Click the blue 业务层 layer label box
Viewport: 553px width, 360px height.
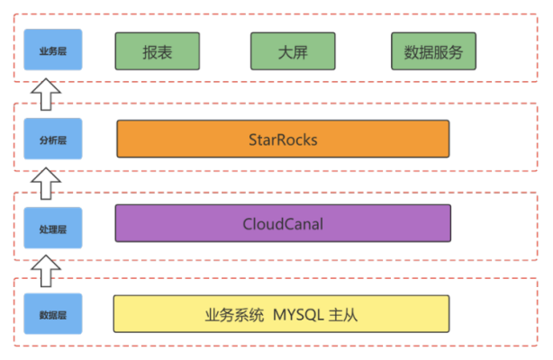[x=53, y=51]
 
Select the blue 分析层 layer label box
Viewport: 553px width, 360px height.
[x=53, y=139]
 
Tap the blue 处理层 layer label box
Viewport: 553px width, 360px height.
[x=53, y=228]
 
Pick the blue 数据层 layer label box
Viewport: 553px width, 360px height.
[x=53, y=314]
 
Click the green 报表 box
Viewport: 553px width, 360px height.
[x=157, y=52]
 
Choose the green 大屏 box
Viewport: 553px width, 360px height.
[x=293, y=52]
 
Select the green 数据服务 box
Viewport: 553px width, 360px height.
[x=433, y=52]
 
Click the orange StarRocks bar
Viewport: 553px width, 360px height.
[x=283, y=139]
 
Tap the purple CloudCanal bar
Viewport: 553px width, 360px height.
[x=283, y=223]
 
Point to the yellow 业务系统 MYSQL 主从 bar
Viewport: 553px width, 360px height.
[x=281, y=314]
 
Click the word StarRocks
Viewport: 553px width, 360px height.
[x=283, y=139]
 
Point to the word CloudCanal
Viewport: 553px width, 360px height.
[x=283, y=223]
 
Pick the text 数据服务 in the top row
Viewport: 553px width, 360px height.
[x=433, y=52]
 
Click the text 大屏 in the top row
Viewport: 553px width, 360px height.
[x=293, y=52]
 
